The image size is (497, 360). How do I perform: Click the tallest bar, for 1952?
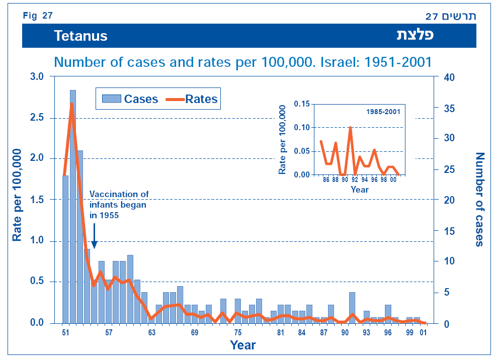pos(73,206)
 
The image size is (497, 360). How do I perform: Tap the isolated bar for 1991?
pos(352,307)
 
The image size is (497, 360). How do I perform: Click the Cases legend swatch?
pos(111,99)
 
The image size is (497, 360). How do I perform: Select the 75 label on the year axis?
pos(238,333)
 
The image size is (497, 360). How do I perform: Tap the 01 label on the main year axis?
pos(424,333)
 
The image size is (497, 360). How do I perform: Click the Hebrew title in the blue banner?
pos(416,36)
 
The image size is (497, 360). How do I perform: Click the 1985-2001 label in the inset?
pos(384,112)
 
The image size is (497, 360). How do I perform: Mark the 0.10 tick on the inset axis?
pos(300,127)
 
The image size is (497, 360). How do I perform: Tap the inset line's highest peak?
pos(350,127)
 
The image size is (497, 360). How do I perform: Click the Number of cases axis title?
pos(479,200)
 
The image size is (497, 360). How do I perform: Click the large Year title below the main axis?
pos(243,345)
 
